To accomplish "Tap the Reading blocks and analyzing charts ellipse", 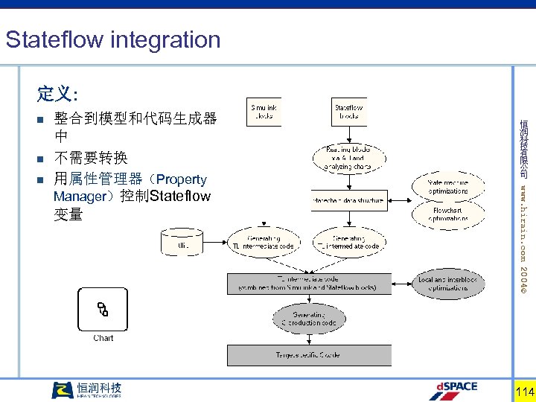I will [349, 158].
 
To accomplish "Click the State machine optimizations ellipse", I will [447, 187].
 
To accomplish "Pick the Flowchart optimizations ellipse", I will [447, 214].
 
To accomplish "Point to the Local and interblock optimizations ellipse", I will [447, 284].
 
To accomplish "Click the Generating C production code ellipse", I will [309, 319].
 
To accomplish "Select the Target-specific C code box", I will [309, 355].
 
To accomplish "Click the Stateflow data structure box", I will [348, 200].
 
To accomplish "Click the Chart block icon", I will [103, 309].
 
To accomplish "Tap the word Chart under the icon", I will [103, 338].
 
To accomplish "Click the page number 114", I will [524, 392].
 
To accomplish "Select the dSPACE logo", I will [454, 389].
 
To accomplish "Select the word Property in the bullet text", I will [182, 179].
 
